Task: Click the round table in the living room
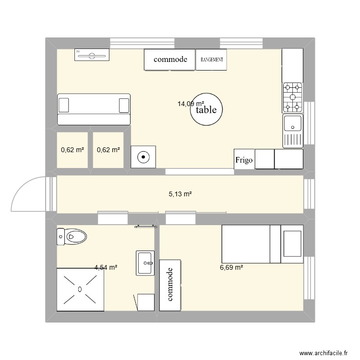206,109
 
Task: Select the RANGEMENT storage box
211,60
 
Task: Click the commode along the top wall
170,60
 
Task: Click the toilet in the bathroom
72,236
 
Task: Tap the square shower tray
79,289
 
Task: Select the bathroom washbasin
145,263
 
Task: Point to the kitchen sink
292,124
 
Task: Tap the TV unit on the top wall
91,55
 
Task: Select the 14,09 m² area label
191,103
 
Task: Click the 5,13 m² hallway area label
180,194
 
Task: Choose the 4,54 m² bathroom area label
106,267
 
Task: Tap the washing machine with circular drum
144,156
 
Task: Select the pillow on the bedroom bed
292,244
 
